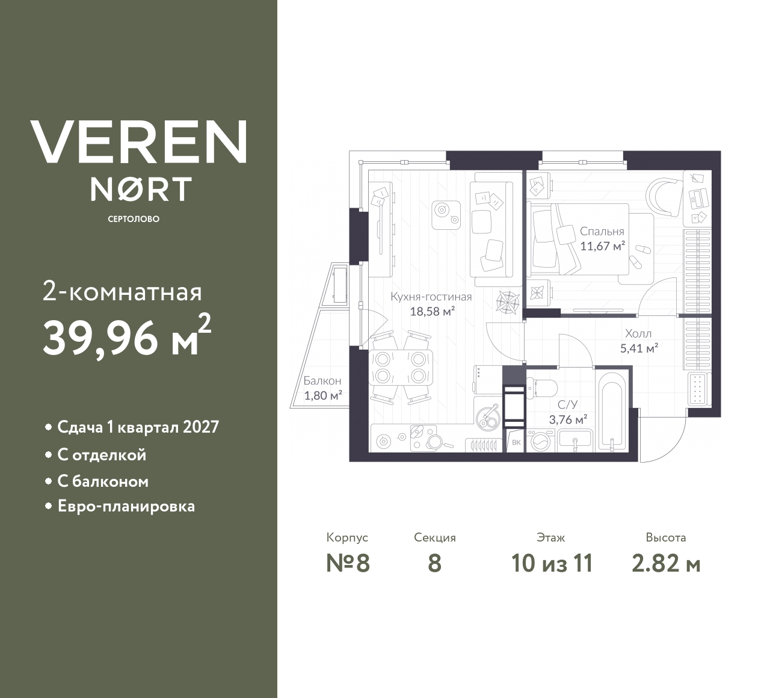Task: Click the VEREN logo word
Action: [x=139, y=141]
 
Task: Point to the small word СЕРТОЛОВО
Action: [x=134, y=219]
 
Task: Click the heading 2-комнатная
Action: [x=122, y=292]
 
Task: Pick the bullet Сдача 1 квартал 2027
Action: [x=138, y=427]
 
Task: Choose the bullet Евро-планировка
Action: [x=126, y=506]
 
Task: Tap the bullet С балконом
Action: [x=103, y=481]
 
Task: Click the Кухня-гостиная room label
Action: [x=431, y=297]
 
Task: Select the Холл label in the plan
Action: [x=638, y=333]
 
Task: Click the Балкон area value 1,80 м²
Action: [x=323, y=395]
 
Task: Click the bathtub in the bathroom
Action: [x=611, y=412]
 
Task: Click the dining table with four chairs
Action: [x=400, y=368]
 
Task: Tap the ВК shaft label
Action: [x=516, y=443]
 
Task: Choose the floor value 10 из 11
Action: [x=552, y=564]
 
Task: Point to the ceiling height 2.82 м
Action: [x=666, y=564]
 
